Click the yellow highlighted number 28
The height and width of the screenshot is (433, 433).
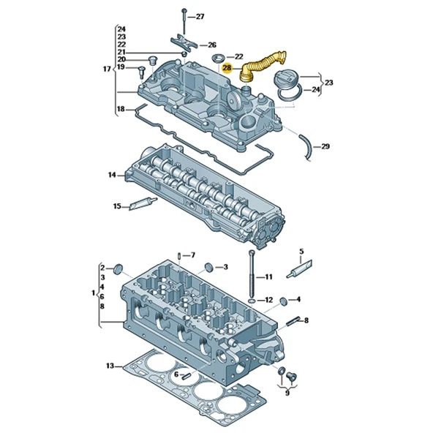click(x=227, y=69)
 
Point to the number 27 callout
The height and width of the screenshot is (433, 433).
click(x=200, y=16)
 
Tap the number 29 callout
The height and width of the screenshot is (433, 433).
click(x=325, y=146)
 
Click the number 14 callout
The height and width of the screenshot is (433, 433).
click(x=112, y=175)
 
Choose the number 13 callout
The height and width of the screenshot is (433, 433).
click(x=110, y=366)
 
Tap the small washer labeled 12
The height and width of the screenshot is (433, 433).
click(x=252, y=301)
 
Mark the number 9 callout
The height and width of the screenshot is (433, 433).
click(x=287, y=393)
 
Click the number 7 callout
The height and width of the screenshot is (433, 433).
click(x=192, y=255)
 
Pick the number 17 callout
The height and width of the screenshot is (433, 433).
click(x=106, y=69)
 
